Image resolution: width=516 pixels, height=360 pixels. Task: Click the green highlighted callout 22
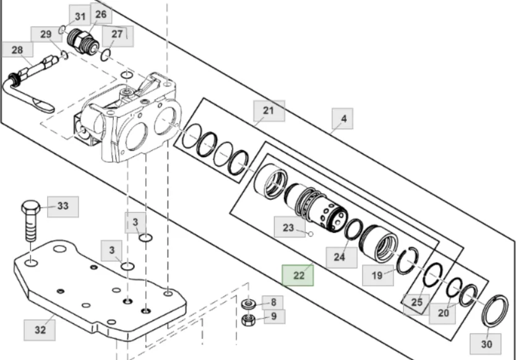point(298,275)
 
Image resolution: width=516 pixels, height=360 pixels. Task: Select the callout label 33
point(63,206)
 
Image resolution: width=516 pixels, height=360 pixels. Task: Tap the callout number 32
point(40,330)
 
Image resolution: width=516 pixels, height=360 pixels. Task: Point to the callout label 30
point(486,343)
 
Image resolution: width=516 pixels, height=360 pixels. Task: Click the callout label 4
point(343,118)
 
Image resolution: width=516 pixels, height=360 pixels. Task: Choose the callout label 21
point(269,111)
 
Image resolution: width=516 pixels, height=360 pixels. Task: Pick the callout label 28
point(17,49)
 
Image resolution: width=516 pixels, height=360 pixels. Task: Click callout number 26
point(101,14)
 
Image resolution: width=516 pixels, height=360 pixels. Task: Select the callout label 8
point(273,302)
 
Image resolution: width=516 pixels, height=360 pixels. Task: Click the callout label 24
point(339,257)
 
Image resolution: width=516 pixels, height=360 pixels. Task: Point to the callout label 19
point(377,275)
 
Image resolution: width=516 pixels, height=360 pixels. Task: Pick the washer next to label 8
point(249,304)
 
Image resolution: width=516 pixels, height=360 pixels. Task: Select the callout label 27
point(117,34)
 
